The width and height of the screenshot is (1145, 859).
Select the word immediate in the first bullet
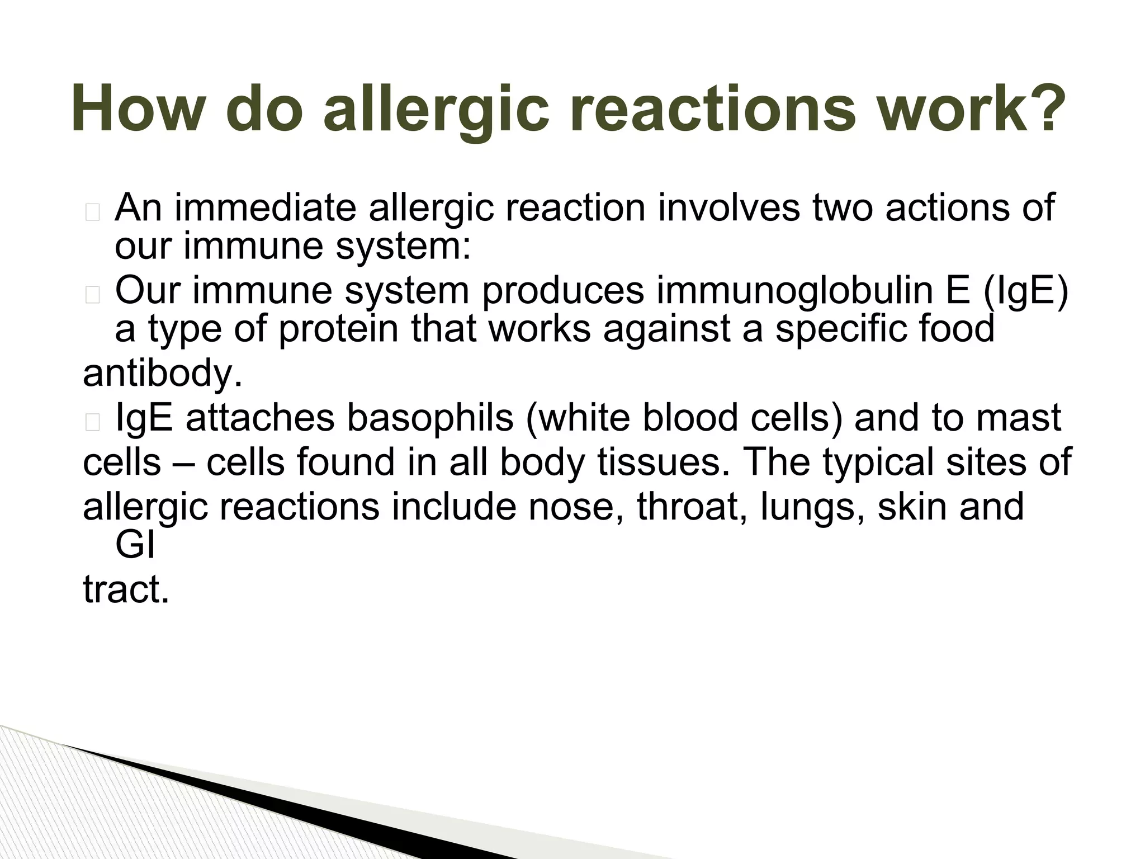(x=266, y=207)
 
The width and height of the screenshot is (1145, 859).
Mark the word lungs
(x=812, y=507)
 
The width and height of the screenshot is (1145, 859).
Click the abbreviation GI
(x=135, y=545)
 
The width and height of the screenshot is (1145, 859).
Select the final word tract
(x=126, y=590)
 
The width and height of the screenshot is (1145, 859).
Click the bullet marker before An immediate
(x=93, y=213)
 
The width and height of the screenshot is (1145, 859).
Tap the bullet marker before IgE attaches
(x=93, y=423)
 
